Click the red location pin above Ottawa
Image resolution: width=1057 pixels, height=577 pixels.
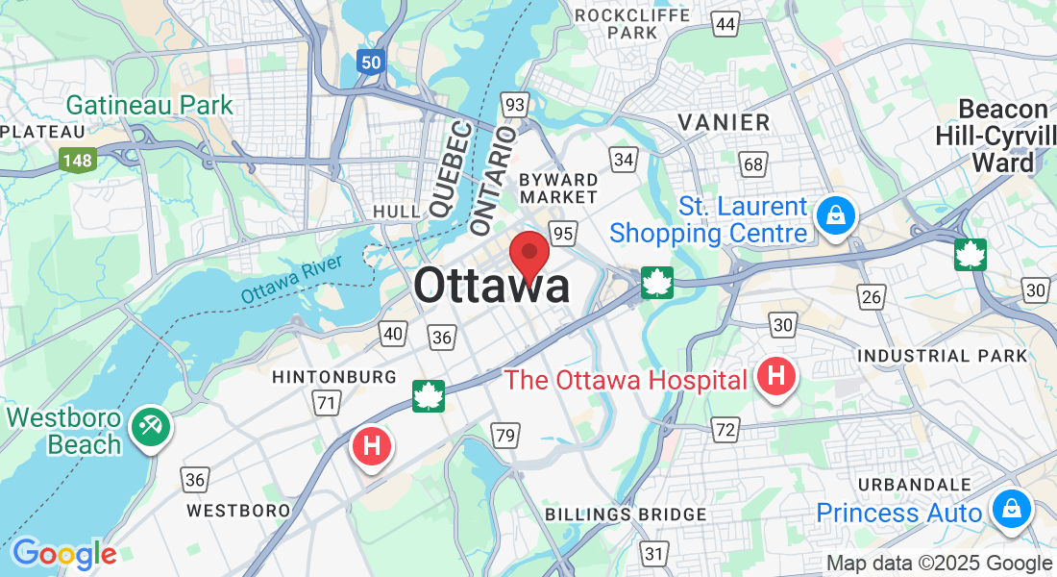pos(528,254)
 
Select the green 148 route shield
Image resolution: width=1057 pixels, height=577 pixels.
pos(78,160)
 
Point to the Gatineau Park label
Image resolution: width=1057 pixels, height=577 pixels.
pos(150,105)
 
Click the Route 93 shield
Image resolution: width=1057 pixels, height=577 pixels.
pos(515,104)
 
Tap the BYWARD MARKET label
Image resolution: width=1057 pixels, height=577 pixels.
pos(557,188)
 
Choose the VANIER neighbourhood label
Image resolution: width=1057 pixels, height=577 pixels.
pos(724,122)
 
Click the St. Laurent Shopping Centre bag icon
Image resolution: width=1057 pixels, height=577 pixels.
pos(835,216)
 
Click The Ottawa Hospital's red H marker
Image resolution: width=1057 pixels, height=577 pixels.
pos(775,376)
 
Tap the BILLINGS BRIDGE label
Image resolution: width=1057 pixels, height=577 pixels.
pos(626,514)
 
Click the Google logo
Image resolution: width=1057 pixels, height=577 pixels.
pos(64,554)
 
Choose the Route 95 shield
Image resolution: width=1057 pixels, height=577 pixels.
pos(563,234)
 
